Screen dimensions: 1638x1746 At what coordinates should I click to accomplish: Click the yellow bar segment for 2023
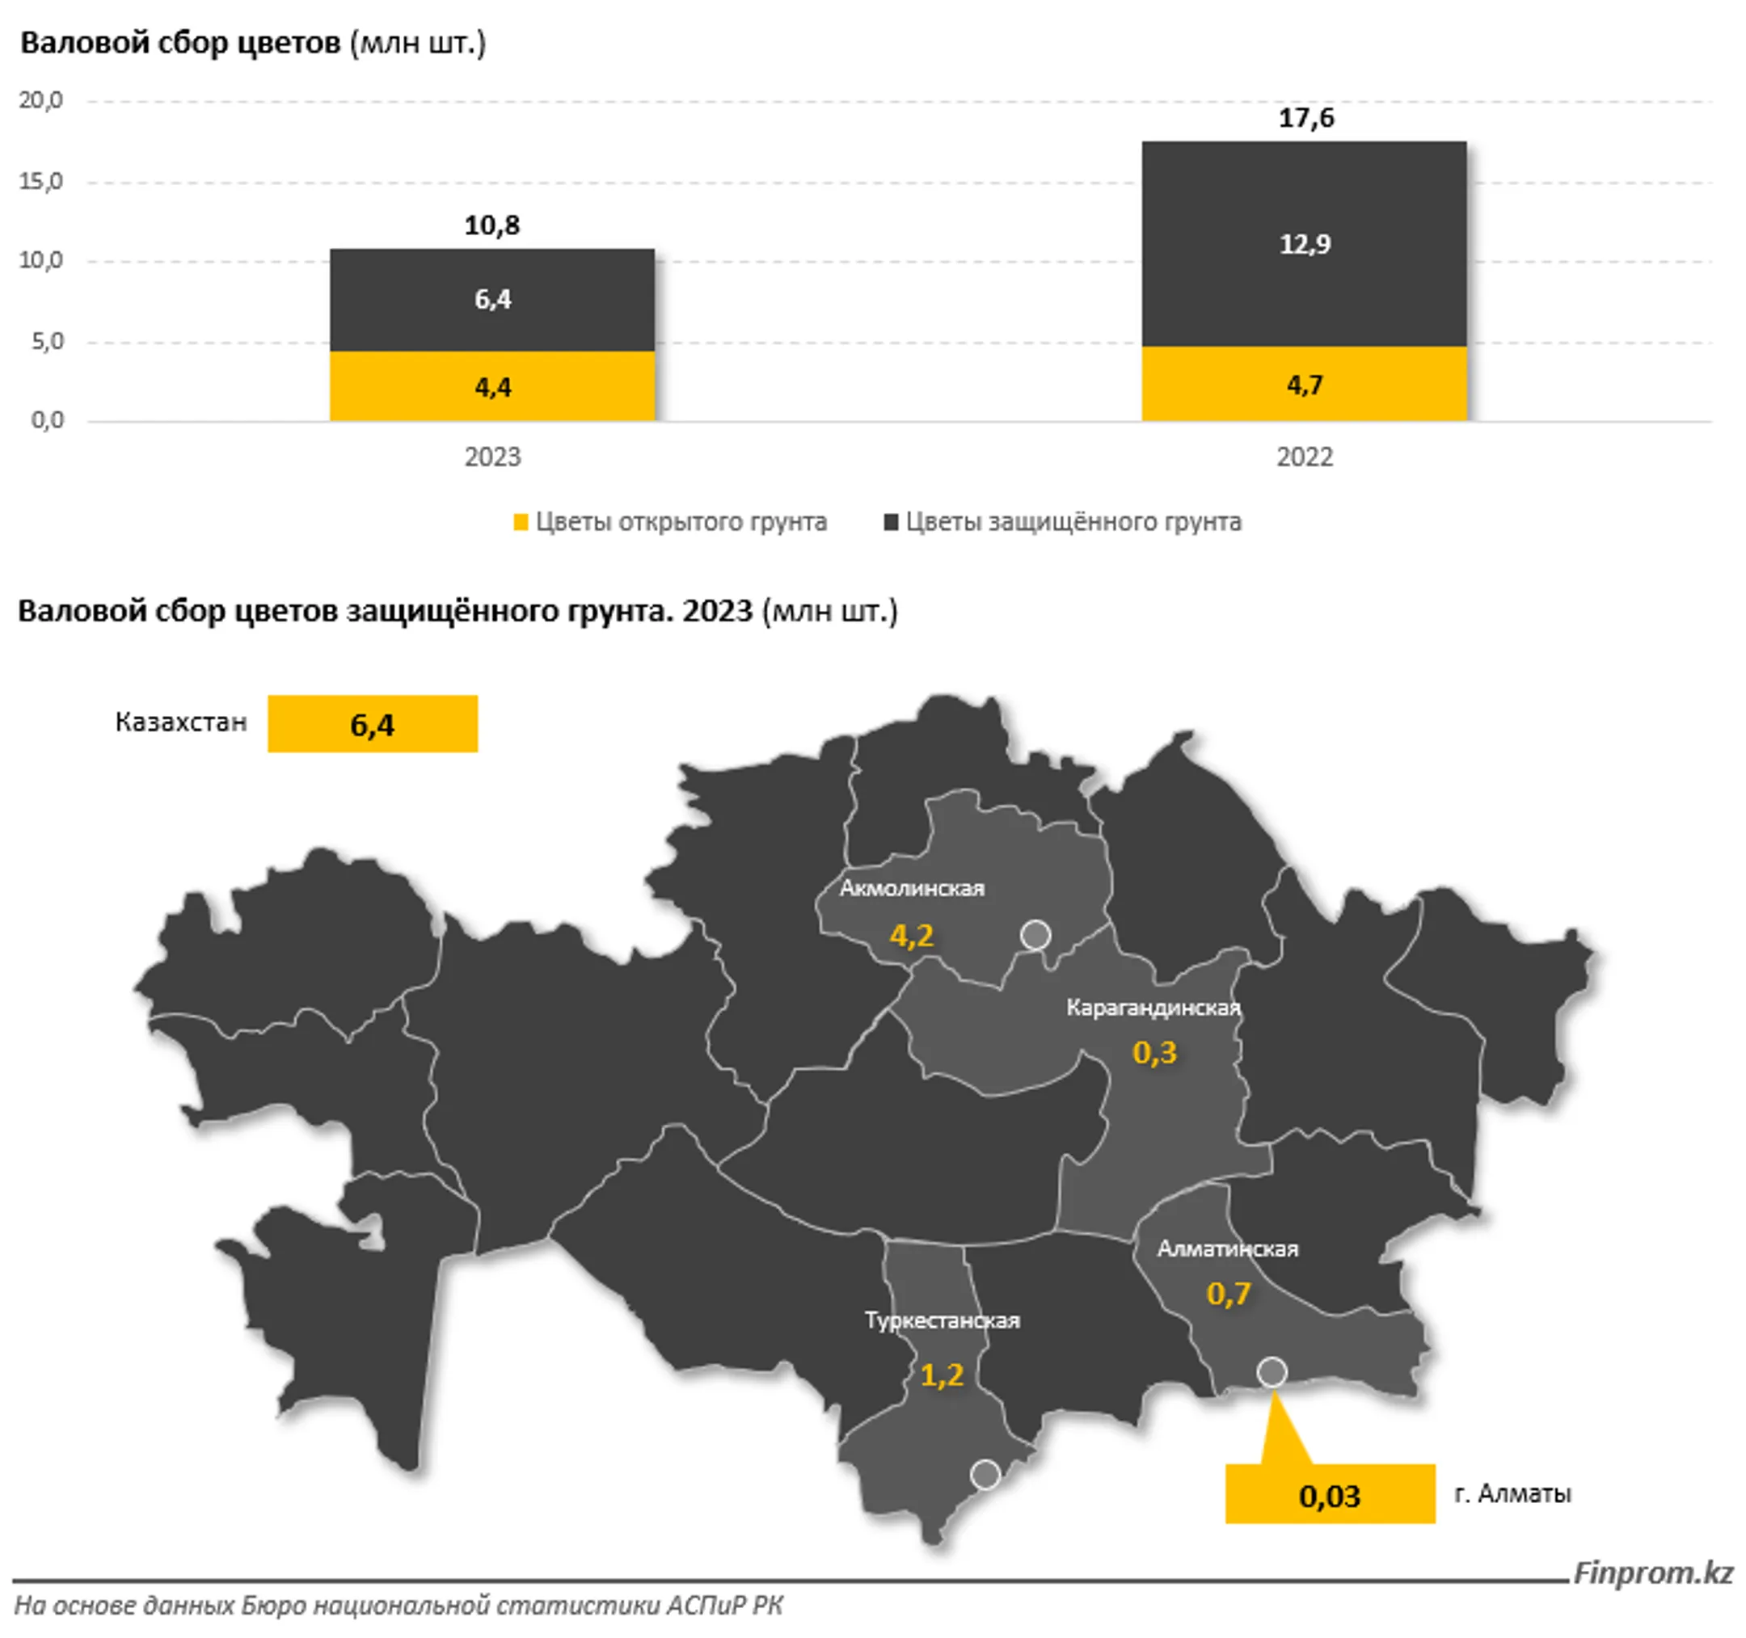click(491, 386)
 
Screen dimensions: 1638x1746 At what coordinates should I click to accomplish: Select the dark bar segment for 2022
click(1304, 244)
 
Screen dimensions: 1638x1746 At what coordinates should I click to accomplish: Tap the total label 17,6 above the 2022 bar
click(1306, 118)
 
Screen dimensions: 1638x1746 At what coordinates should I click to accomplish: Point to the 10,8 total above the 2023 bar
click(491, 225)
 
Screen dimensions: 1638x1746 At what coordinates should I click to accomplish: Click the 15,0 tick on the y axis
click(41, 182)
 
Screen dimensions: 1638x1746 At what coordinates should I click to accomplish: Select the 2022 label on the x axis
click(1304, 457)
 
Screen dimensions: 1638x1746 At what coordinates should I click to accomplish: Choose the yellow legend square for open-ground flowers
click(521, 522)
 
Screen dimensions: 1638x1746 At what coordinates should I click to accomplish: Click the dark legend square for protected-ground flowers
click(891, 522)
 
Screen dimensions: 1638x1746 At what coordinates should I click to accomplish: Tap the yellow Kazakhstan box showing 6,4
click(373, 724)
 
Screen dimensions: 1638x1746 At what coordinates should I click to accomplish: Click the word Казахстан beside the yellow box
click(181, 722)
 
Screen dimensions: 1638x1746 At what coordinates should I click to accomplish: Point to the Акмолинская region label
click(912, 888)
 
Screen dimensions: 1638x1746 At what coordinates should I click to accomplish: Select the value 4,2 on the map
click(912, 936)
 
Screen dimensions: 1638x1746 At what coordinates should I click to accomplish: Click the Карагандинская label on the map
click(1153, 1008)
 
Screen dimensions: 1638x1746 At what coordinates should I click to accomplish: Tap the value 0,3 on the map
click(1154, 1051)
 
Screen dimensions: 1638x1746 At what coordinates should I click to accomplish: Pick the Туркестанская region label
click(943, 1321)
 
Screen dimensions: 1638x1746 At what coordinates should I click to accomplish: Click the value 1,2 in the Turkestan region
click(943, 1375)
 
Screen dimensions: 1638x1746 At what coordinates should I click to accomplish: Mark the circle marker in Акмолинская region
click(1035, 936)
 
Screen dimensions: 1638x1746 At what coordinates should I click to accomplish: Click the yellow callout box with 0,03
click(1330, 1496)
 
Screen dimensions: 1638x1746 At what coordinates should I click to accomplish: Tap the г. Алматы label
click(1512, 1493)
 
